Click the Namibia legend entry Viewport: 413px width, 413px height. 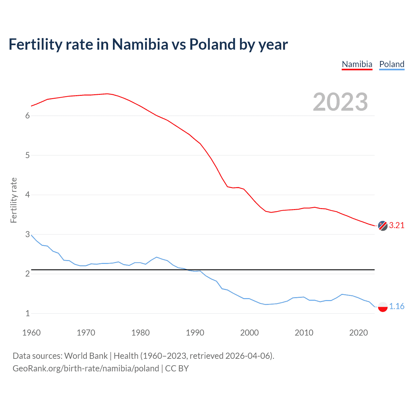pyautogui.click(x=357, y=64)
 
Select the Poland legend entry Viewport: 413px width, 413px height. pyautogui.click(x=392, y=64)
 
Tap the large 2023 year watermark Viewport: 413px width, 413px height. pyautogui.click(x=340, y=102)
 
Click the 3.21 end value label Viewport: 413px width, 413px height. pyautogui.click(x=397, y=225)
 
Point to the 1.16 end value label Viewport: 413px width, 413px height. pyautogui.click(x=397, y=306)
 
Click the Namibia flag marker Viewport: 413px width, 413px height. pyautogui.click(x=383, y=226)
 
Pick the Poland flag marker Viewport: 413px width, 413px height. pyautogui.click(x=383, y=307)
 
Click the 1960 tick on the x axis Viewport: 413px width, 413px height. pyautogui.click(x=31, y=333)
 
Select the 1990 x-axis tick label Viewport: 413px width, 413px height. pyautogui.click(x=195, y=333)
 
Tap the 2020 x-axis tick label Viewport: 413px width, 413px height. pyautogui.click(x=358, y=333)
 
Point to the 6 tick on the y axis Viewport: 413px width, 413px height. pyautogui.click(x=27, y=116)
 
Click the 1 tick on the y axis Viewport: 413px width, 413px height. pyautogui.click(x=27, y=313)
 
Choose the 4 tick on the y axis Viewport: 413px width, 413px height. pyautogui.click(x=27, y=195)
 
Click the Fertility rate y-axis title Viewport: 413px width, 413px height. pyautogui.click(x=14, y=200)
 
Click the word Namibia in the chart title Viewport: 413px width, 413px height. pyautogui.click(x=140, y=44)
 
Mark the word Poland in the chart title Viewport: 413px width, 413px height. pyautogui.click(x=212, y=44)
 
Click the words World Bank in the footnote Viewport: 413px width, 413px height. pyautogui.click(x=86, y=356)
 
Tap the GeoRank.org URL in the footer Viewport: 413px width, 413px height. pyautogui.click(x=86, y=368)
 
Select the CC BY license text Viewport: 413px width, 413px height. pyautogui.click(x=177, y=368)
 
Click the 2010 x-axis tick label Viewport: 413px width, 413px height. pyautogui.click(x=304, y=333)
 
